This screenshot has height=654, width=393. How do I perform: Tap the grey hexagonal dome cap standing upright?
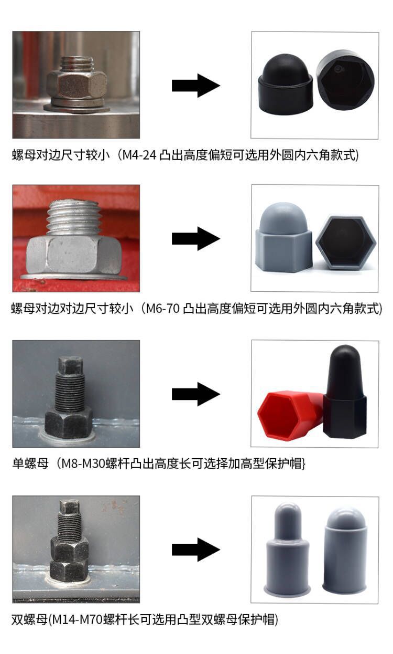click(x=284, y=237)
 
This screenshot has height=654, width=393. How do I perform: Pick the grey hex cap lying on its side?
click(x=345, y=242)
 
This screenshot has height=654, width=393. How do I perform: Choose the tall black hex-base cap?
click(x=345, y=392)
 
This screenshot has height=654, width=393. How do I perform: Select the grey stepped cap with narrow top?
click(x=287, y=549)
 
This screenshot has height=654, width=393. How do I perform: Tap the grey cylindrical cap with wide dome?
click(x=345, y=551)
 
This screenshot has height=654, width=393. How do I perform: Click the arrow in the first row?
click(x=195, y=85)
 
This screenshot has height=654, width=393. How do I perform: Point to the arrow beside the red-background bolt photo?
click(x=195, y=238)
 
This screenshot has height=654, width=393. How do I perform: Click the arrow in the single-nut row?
click(x=195, y=394)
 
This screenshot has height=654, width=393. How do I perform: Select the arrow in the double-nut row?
click(x=195, y=550)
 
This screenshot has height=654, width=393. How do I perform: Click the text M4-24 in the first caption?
click(x=139, y=155)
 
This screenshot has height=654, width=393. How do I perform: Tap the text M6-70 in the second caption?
click(x=162, y=308)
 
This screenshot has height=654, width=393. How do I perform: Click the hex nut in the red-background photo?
click(x=73, y=255)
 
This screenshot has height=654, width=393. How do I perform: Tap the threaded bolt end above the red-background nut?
click(x=74, y=217)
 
